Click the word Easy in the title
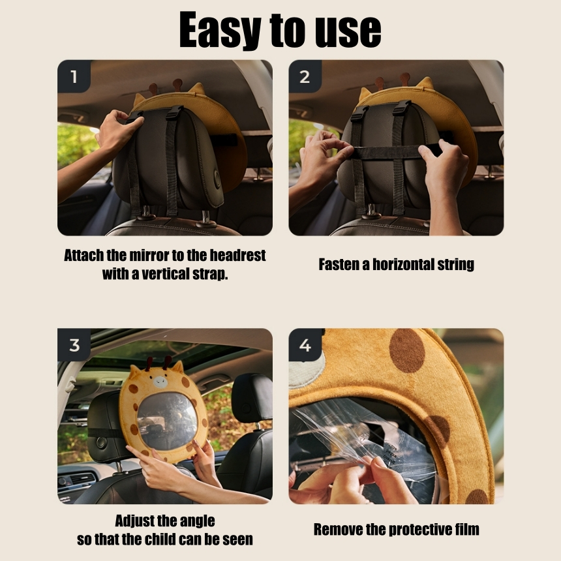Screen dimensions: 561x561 tap(220, 31)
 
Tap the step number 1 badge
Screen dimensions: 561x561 tap(74, 76)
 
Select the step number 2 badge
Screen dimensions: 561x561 tap(305, 76)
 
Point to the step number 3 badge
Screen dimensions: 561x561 tap(74, 345)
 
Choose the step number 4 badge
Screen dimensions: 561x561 tap(305, 345)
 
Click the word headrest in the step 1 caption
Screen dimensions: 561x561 tap(237, 256)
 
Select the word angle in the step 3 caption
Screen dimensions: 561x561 tap(198, 521)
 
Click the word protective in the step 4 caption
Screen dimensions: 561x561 tap(416, 530)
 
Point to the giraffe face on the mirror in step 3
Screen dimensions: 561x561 tap(160, 382)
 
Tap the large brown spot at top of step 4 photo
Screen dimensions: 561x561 tap(407, 350)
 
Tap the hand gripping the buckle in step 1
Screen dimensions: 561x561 tap(119, 130)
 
